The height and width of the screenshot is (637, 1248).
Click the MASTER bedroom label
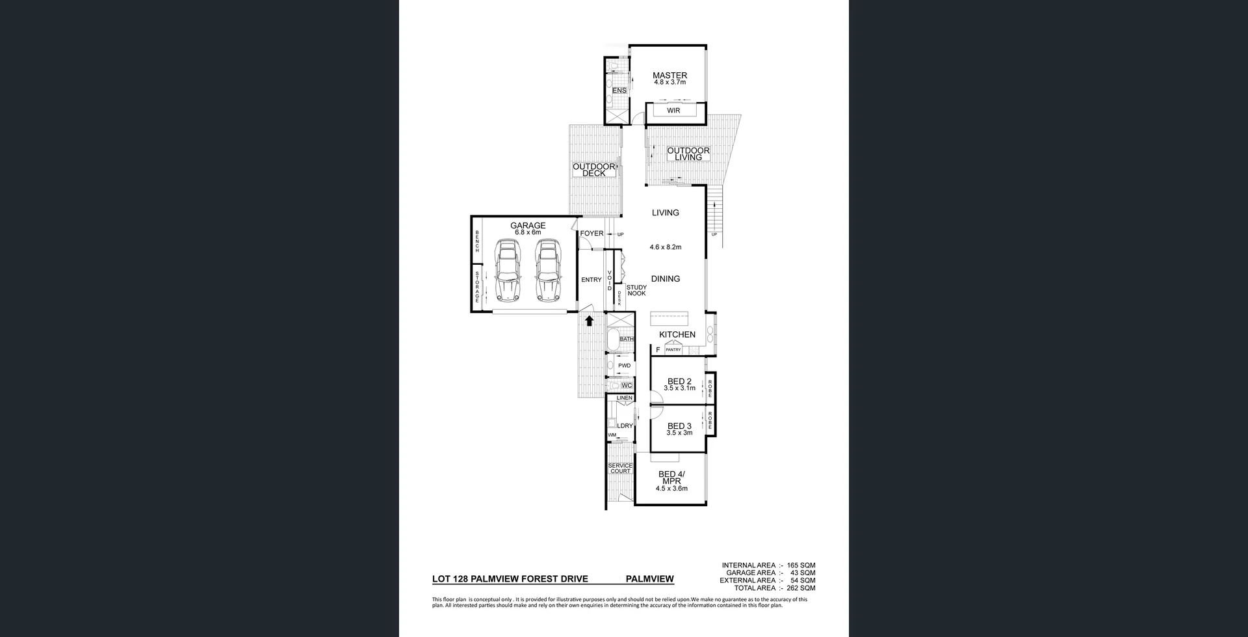(669, 75)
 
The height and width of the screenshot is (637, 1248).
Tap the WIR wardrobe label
(673, 111)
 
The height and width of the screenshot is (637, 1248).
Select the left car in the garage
(507, 271)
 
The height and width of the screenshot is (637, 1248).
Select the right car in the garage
(548, 271)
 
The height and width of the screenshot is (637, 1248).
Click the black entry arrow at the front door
(589, 320)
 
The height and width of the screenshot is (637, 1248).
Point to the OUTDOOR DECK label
(594, 170)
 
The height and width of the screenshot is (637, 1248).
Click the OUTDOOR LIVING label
(688, 154)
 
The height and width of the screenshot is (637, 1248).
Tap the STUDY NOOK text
(636, 290)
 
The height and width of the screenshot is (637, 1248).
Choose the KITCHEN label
(677, 334)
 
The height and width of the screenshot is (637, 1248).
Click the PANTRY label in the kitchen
(673, 350)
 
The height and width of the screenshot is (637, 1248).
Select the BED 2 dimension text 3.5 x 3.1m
(679, 388)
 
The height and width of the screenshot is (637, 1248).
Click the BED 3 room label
(679, 426)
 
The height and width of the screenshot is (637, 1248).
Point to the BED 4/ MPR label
(669, 478)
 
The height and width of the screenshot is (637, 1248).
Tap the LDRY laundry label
(625, 426)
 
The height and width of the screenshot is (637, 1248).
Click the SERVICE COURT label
(620, 468)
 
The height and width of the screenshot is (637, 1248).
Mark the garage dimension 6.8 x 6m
(528, 232)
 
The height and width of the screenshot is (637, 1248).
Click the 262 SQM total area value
(801, 588)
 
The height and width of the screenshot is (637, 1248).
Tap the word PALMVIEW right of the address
(649, 579)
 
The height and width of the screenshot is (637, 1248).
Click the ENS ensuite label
(619, 90)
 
